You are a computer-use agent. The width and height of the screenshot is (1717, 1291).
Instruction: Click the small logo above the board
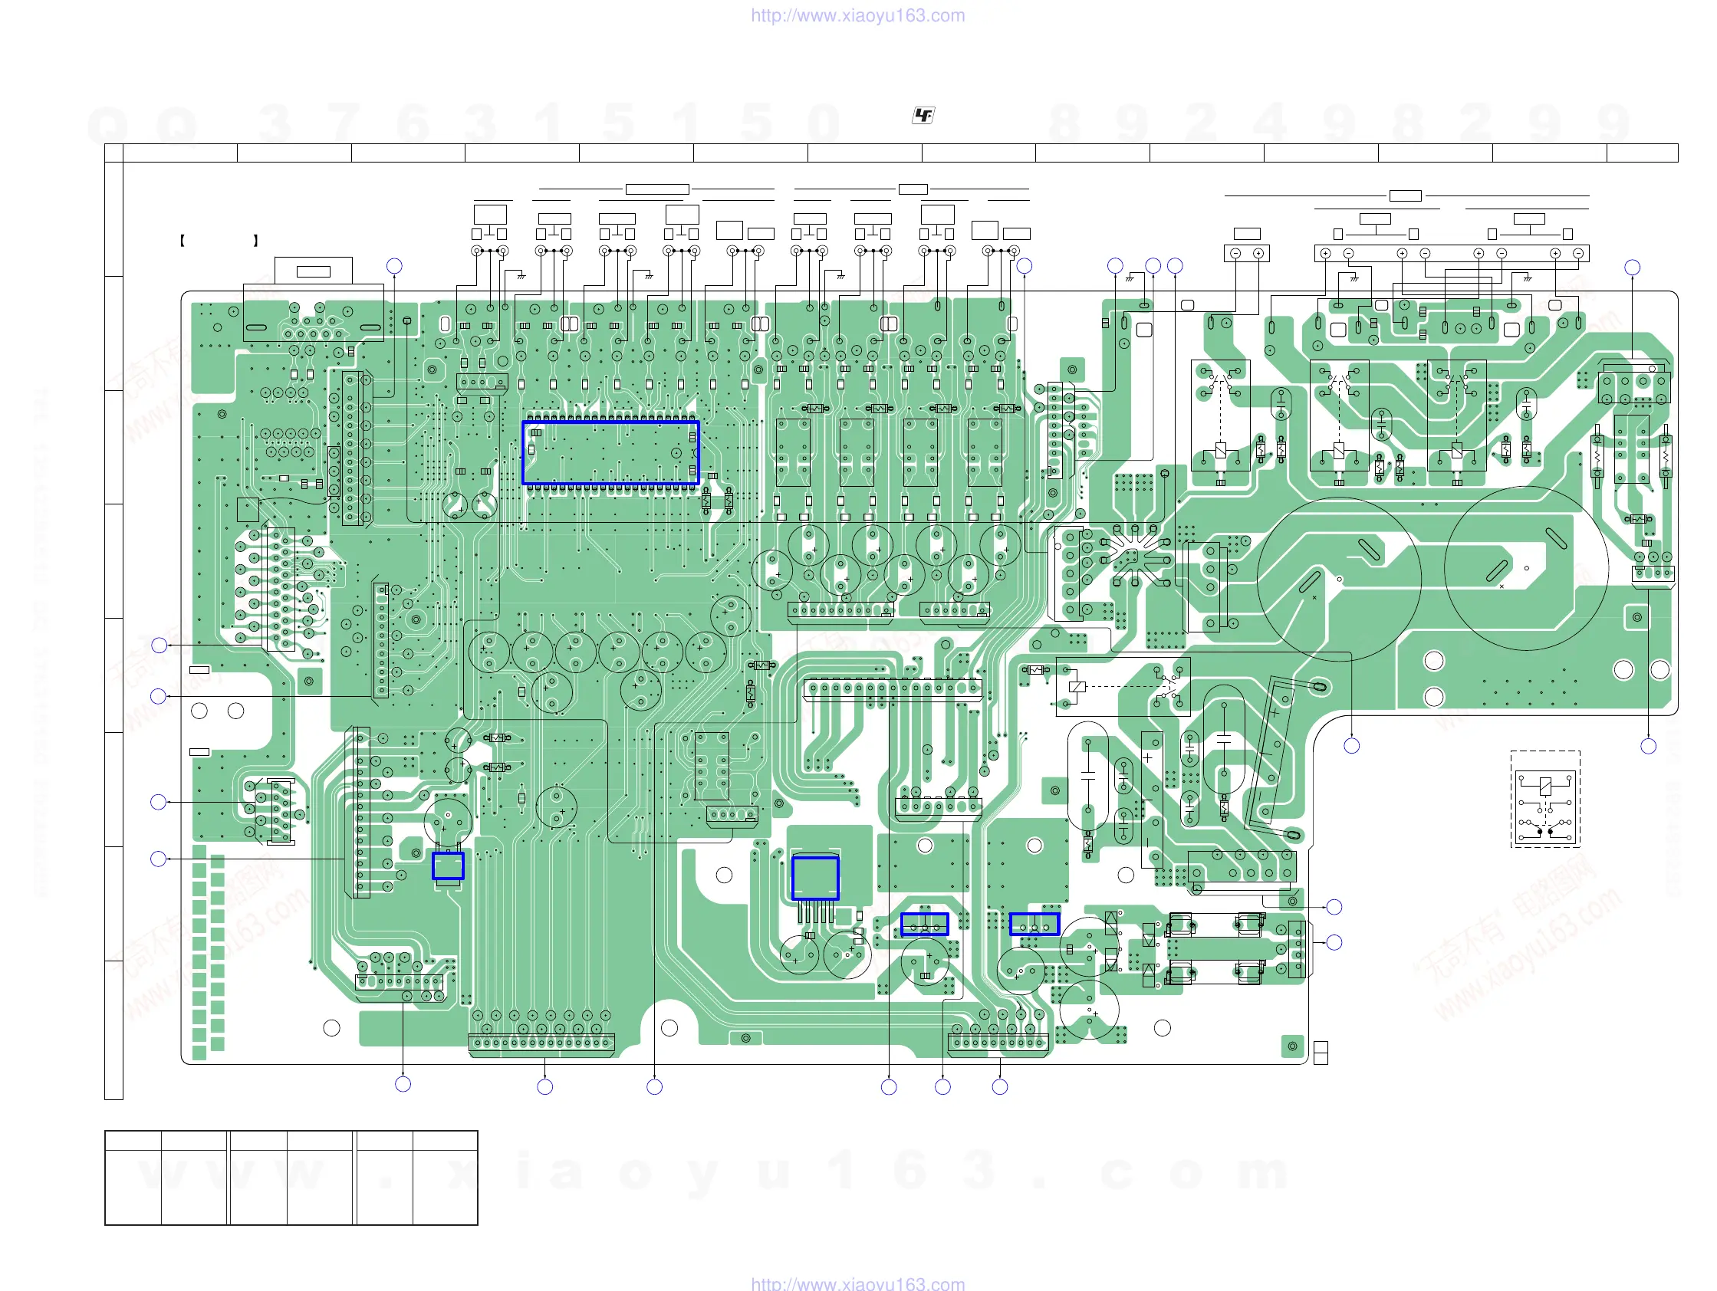(923, 116)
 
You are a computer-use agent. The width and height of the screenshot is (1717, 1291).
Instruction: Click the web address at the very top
(857, 15)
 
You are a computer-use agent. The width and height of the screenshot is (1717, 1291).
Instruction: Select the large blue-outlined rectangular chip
(611, 453)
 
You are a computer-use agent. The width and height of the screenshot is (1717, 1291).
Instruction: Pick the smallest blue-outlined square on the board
(448, 866)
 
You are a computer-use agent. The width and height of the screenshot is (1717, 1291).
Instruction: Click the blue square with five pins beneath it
(815, 879)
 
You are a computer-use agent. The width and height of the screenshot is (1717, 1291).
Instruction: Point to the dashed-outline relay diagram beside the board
(1544, 799)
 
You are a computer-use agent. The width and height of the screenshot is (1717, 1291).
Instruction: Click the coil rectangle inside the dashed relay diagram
(1544, 786)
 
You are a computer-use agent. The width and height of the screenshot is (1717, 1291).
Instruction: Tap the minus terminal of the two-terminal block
(1235, 254)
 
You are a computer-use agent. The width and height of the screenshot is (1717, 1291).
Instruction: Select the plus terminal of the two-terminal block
(1258, 254)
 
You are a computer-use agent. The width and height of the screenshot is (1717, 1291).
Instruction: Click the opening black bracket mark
(183, 241)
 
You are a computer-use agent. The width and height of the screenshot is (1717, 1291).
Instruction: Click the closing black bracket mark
(255, 241)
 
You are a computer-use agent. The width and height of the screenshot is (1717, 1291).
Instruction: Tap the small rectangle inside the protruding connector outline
(314, 271)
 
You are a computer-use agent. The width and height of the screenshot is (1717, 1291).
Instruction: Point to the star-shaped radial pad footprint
(1133, 555)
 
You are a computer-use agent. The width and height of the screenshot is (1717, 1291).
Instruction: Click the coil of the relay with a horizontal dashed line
(1077, 687)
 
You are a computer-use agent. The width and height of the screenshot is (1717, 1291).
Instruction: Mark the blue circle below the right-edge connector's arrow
(1649, 747)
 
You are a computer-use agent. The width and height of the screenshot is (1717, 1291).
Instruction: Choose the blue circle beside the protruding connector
(394, 266)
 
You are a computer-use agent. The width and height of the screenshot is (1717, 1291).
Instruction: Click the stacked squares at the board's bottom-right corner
(1321, 1053)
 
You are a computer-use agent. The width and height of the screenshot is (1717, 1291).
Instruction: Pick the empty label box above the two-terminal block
(1247, 234)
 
